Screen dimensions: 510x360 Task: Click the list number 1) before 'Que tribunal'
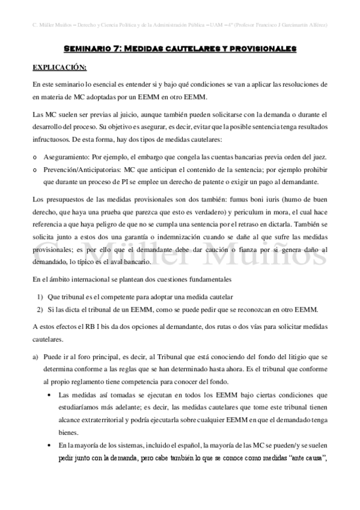point(40,298)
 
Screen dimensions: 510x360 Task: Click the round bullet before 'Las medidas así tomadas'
point(49,395)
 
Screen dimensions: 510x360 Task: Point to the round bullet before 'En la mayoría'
point(49,446)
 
